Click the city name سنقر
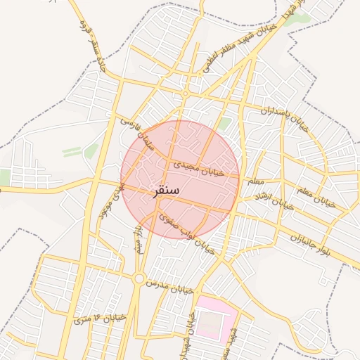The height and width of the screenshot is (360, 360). pos(165,191)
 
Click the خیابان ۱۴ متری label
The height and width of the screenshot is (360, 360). pos(99,319)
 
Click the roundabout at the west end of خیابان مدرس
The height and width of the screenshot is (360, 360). pos(139,279)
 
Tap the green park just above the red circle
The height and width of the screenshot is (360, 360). pos(224,124)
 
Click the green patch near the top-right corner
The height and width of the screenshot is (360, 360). pos(296,19)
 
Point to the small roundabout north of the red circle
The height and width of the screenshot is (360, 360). pos(185,94)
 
